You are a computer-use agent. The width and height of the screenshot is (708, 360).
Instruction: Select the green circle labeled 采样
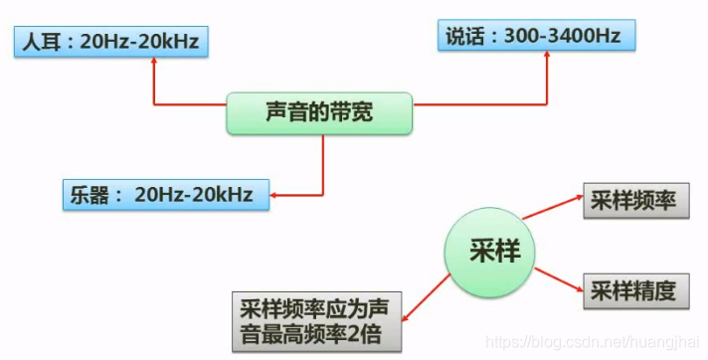[x=493, y=251]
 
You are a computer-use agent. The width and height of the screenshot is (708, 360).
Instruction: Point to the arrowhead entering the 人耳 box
[x=154, y=60]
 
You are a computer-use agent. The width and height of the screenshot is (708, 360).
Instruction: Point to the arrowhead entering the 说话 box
[x=549, y=56]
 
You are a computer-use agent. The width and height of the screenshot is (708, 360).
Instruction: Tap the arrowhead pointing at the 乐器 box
[x=276, y=194]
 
